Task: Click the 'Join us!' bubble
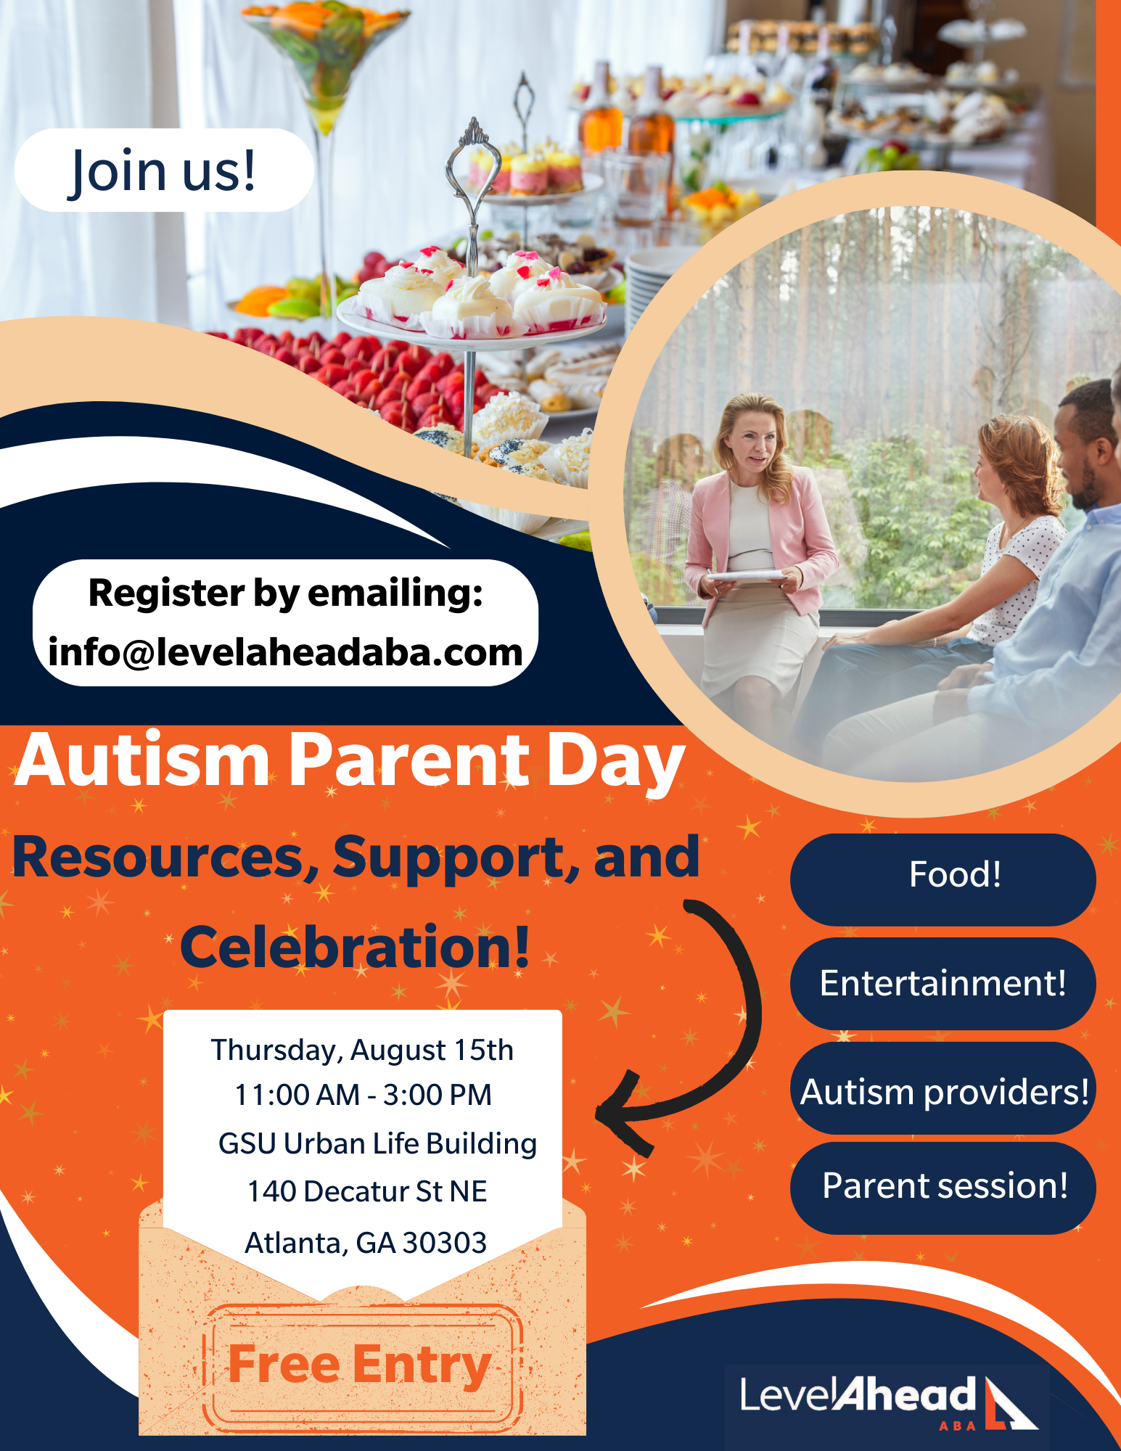click(164, 170)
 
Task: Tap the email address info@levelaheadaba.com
click(285, 652)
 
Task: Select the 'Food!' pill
click(943, 879)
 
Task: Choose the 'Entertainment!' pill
click(943, 983)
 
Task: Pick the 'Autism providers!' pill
click(943, 1088)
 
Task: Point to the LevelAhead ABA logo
click(887, 1402)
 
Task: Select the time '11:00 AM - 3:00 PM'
click(363, 1095)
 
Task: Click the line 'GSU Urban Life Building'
click(377, 1143)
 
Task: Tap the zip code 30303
click(444, 1243)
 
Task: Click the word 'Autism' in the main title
click(142, 760)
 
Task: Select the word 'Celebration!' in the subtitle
click(355, 948)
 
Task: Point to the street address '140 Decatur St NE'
click(367, 1191)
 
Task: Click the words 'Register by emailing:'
click(285, 593)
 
